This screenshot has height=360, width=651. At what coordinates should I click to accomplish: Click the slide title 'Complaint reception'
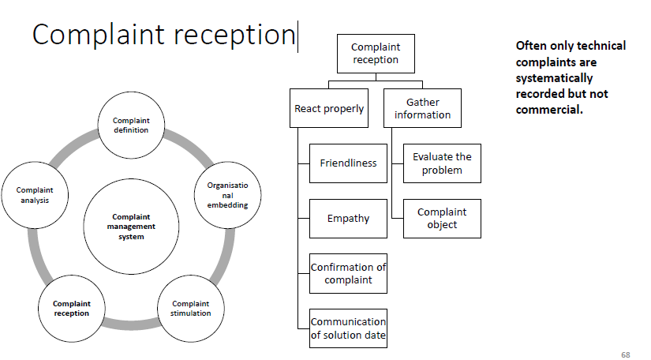[x=163, y=35]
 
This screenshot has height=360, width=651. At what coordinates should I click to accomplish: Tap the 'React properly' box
[x=329, y=108]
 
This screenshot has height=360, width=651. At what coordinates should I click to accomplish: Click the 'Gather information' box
[x=422, y=108]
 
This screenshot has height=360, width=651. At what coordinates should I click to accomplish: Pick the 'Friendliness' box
[x=348, y=163]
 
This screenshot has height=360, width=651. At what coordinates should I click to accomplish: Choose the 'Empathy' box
[x=348, y=218]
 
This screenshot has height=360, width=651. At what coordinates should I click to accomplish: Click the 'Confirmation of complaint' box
[x=348, y=273]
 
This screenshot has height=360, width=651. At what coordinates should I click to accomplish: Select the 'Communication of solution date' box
[x=348, y=328]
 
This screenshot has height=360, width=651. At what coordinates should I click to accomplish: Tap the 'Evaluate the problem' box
[x=442, y=163]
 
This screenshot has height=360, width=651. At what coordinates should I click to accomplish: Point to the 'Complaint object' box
[x=442, y=218]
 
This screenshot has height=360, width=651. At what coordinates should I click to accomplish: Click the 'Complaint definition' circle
[x=131, y=126]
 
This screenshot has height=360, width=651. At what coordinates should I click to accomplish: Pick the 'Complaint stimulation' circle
[x=191, y=308]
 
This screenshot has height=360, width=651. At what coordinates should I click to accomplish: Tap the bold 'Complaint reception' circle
[x=71, y=308]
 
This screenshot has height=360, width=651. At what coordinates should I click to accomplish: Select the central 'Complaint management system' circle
[x=131, y=226]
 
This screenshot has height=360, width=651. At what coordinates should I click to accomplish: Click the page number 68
[x=626, y=354]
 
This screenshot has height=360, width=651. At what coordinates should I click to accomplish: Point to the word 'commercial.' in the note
[x=549, y=110]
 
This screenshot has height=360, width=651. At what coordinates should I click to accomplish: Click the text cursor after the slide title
[x=298, y=36]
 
